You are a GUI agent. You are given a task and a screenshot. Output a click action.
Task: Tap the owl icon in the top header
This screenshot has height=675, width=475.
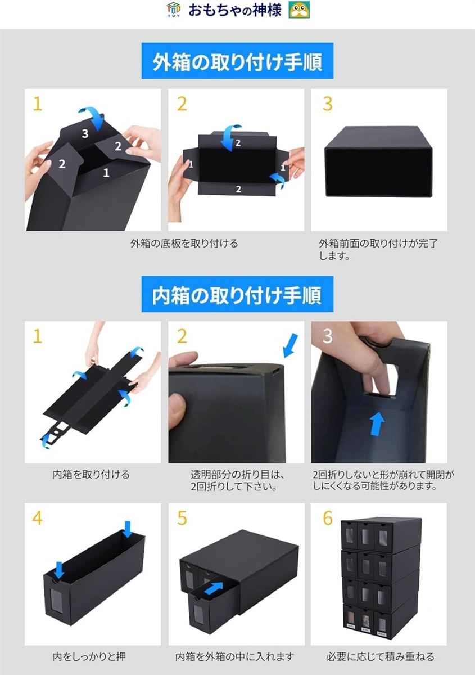tap(299, 10)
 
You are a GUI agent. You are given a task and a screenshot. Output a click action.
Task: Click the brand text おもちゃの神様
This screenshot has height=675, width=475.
tap(234, 10)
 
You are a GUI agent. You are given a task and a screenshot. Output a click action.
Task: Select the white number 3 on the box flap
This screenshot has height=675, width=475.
tap(85, 133)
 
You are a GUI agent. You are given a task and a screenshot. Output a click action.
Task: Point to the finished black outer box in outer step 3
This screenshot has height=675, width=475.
tap(379, 161)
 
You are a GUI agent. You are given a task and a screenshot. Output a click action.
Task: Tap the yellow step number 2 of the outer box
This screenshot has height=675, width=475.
tap(182, 104)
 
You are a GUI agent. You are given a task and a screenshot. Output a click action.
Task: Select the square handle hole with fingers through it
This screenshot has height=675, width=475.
tap(381, 379)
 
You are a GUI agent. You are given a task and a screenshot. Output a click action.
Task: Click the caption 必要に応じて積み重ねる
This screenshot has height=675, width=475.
tap(380, 656)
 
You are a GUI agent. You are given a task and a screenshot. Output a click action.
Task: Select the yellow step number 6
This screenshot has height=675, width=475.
tap(328, 519)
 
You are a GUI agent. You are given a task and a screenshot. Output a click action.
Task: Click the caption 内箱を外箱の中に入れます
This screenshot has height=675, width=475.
tap(234, 656)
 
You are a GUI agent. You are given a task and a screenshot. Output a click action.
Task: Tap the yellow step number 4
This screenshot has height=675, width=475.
tap(37, 519)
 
